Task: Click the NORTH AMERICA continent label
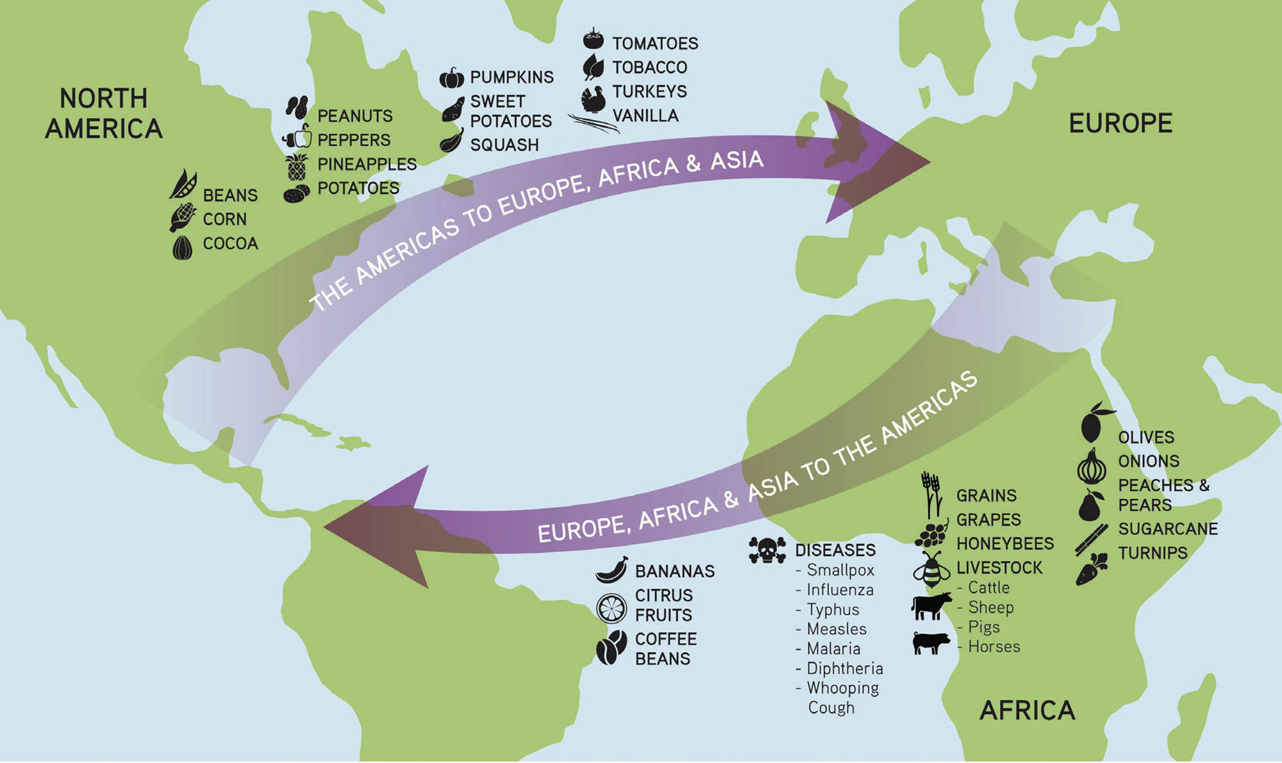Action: click(x=104, y=113)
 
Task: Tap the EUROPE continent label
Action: click(x=1120, y=123)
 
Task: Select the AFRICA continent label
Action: click(x=1027, y=710)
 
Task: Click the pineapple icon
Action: click(x=296, y=166)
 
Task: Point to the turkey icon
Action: click(x=594, y=99)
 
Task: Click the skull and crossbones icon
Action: click(x=767, y=550)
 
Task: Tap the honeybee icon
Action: click(x=931, y=570)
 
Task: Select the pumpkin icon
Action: click(x=452, y=78)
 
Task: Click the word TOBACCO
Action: click(x=649, y=67)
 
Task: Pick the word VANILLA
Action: click(x=645, y=116)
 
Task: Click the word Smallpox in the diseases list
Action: click(x=840, y=570)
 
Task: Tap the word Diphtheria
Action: click(x=844, y=668)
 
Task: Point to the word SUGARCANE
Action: click(x=1168, y=529)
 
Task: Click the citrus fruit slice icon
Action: click(x=612, y=607)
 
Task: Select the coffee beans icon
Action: click(x=612, y=647)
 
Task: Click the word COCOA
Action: click(x=230, y=243)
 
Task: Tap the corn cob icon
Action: click(x=183, y=217)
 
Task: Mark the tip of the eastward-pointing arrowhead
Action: click(x=929, y=161)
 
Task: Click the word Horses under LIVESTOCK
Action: click(x=994, y=646)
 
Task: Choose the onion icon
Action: click(x=1092, y=467)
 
